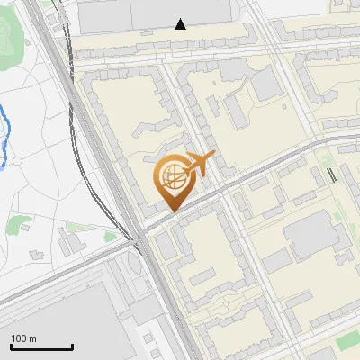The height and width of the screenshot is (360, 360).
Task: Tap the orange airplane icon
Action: point(200,164)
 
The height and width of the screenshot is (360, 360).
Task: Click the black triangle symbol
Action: point(181,24)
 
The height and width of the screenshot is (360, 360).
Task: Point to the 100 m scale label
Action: point(23,337)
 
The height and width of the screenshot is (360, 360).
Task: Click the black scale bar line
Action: point(41,347)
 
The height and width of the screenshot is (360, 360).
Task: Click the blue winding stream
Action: point(4,135)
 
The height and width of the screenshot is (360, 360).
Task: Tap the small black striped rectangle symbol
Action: point(332,175)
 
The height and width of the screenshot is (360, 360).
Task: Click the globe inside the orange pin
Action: point(171,176)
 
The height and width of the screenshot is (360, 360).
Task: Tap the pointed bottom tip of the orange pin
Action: point(171,211)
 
